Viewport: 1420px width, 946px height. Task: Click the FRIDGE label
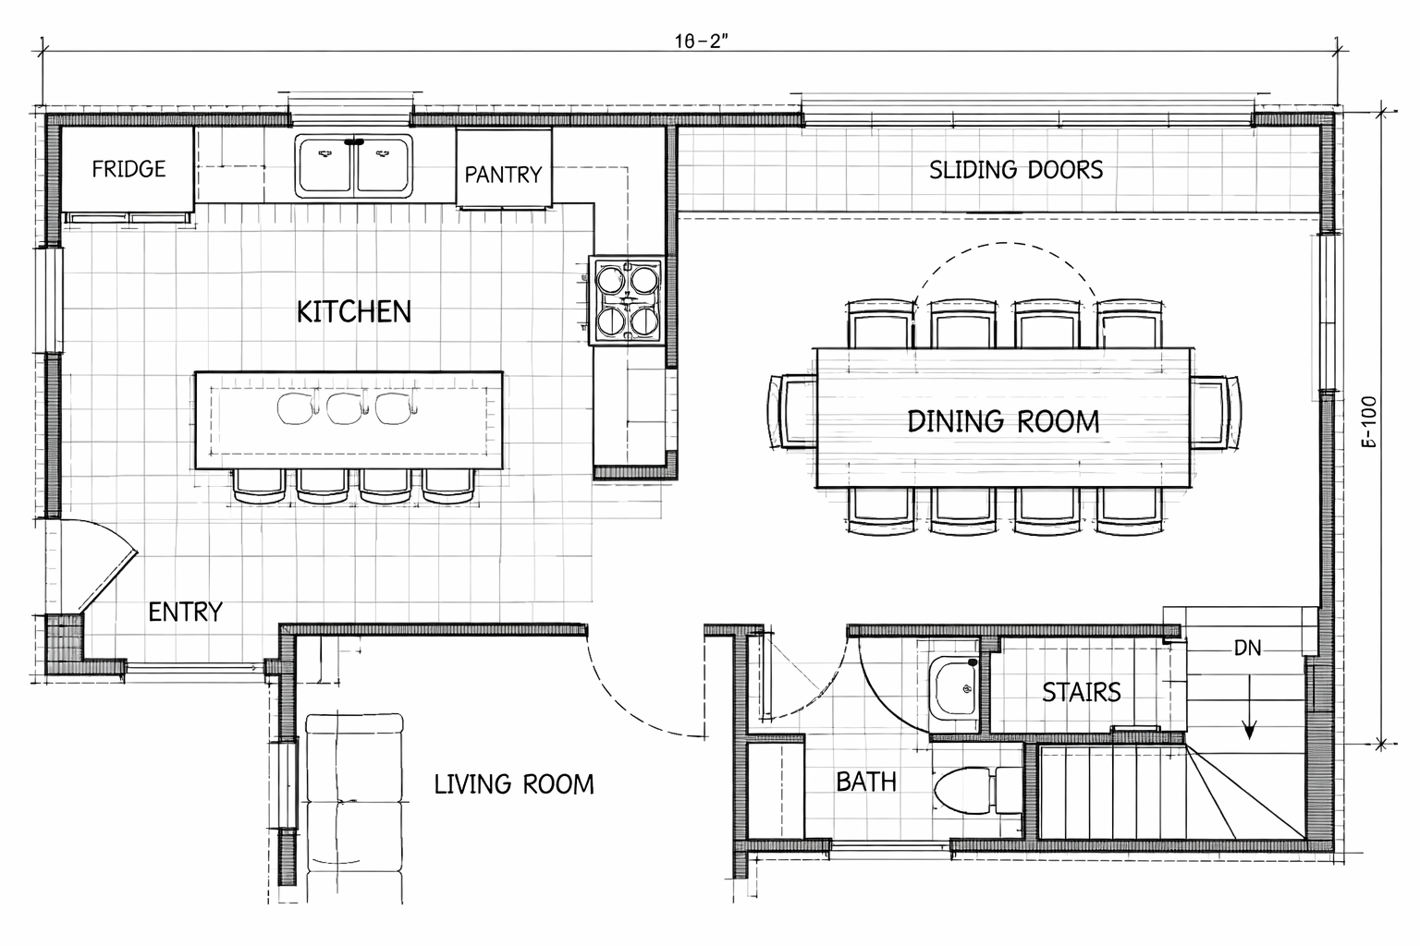click(x=129, y=169)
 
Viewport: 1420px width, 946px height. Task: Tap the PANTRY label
click(x=503, y=174)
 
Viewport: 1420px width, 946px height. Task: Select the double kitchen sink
click(x=354, y=165)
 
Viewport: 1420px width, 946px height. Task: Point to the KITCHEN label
click(x=354, y=311)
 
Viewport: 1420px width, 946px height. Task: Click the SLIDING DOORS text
click(x=1016, y=170)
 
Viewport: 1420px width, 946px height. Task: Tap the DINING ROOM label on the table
click(x=1003, y=421)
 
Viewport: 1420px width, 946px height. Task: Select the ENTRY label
click(x=186, y=612)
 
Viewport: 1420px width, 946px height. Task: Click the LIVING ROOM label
click(x=514, y=784)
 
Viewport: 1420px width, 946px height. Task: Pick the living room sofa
click(x=354, y=807)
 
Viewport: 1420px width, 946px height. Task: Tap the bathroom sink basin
click(x=955, y=688)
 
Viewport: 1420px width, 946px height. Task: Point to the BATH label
click(x=866, y=782)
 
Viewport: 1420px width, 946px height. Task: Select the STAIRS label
click(x=1082, y=692)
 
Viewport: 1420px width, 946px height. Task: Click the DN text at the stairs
click(x=1248, y=649)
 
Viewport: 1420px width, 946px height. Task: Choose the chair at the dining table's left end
click(x=791, y=411)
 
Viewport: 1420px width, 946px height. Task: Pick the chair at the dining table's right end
click(x=1216, y=411)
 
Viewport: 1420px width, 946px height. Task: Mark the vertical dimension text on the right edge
click(x=1369, y=423)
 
